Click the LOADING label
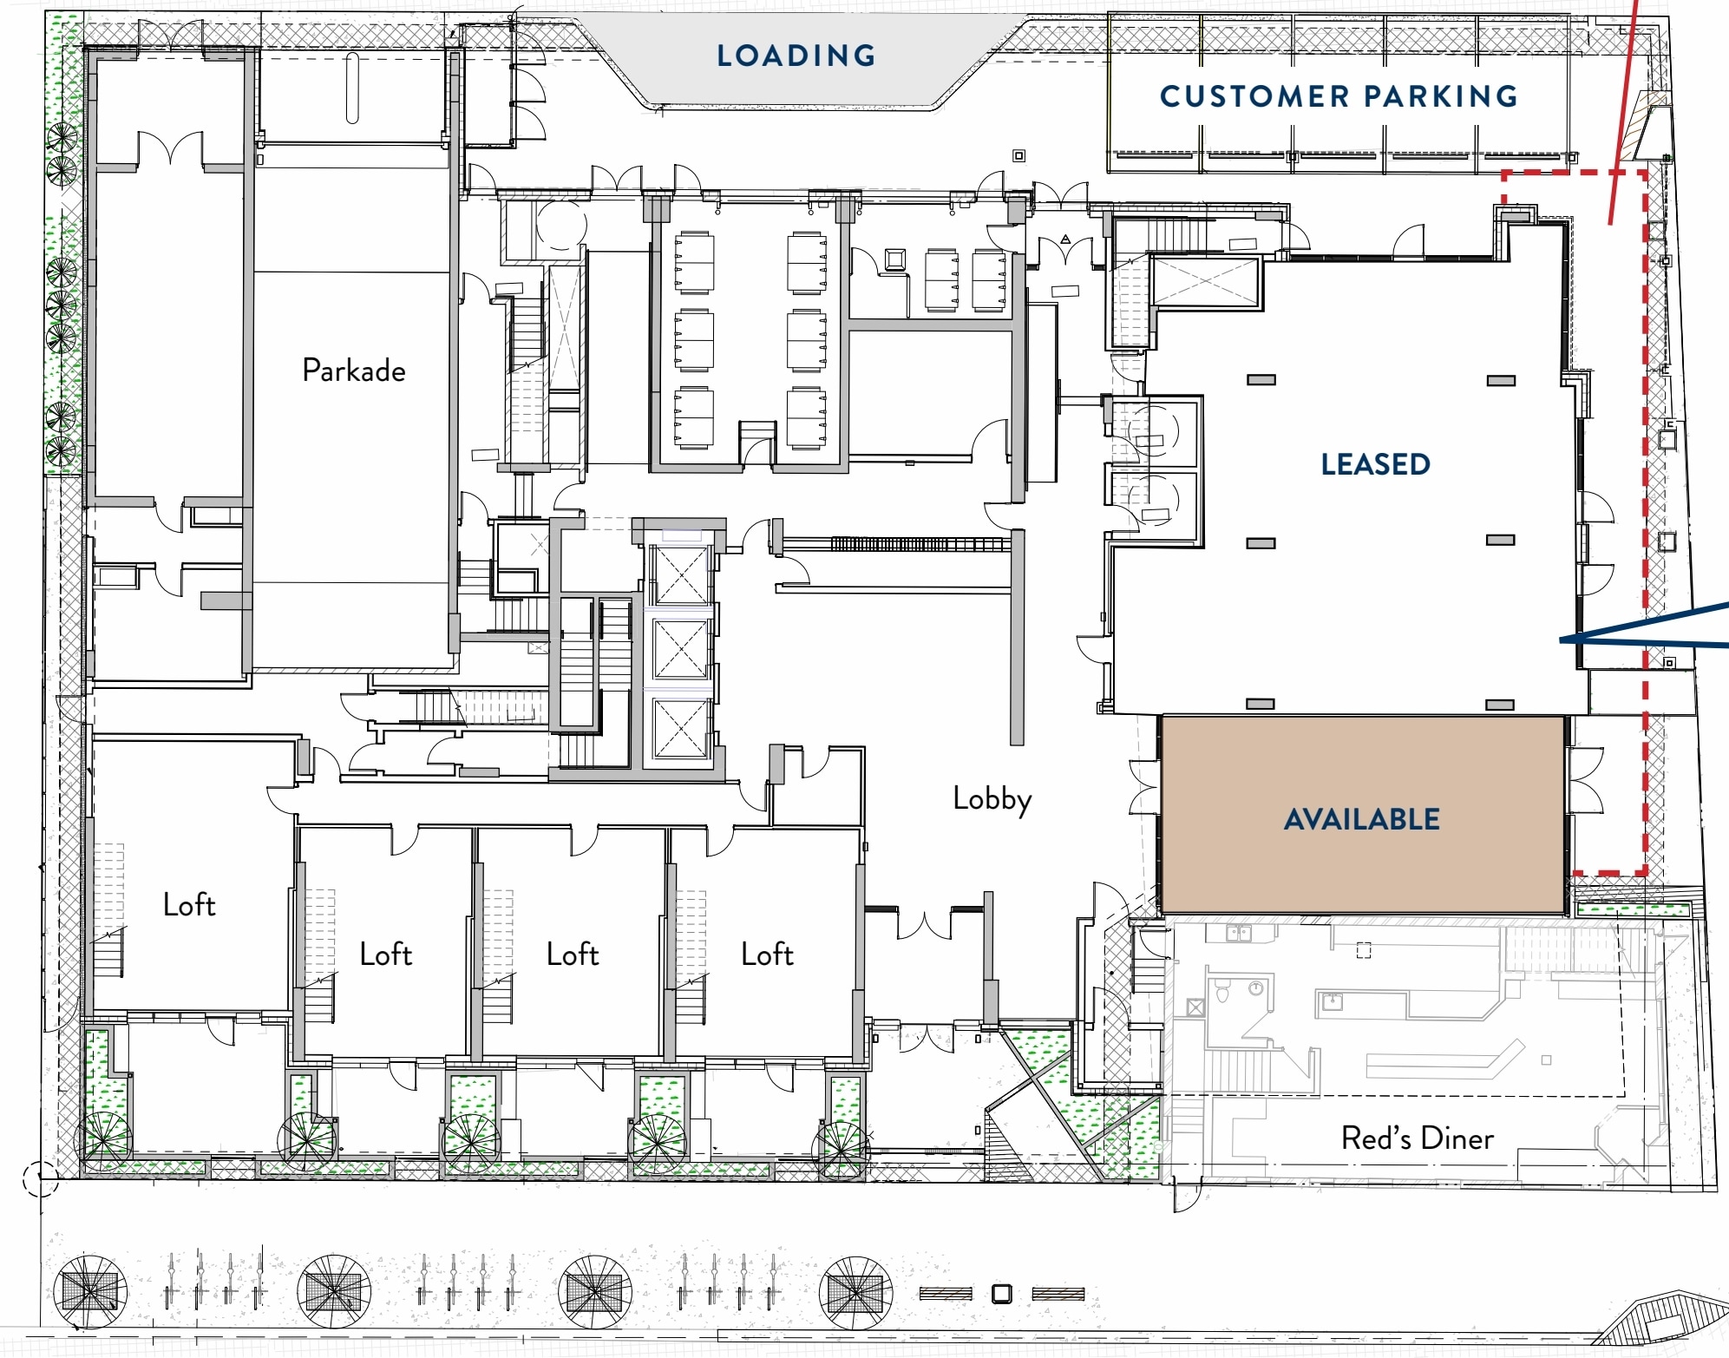coord(796,56)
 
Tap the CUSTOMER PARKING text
coord(1339,96)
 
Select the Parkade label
coord(354,371)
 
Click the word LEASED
coord(1375,464)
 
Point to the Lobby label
coord(992,798)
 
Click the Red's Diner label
coord(1417,1138)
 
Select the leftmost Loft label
coord(189,905)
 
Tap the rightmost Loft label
coord(767,955)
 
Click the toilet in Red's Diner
coord(1222,991)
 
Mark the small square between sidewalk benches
coord(1001,1294)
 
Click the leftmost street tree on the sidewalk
coord(90,1292)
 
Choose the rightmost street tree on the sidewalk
coord(855,1292)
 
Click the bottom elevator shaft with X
coord(681,728)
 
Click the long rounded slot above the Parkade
coord(352,88)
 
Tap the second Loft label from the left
coord(385,955)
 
